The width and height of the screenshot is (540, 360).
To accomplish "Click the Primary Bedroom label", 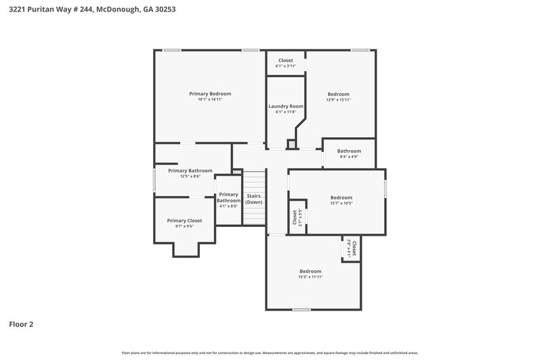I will (x=210, y=93).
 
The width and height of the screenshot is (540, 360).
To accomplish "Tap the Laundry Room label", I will (x=286, y=106).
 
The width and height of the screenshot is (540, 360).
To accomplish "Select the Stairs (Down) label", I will (x=254, y=199).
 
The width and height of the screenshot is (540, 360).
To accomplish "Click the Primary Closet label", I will (x=184, y=220).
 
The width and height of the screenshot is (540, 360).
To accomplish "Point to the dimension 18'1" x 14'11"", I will (x=210, y=99).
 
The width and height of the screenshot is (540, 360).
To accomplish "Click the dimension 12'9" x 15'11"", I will (x=339, y=99).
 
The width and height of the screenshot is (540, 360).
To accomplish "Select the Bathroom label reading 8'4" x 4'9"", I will (x=349, y=151).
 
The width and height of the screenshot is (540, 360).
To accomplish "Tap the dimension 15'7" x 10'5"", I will (x=341, y=203).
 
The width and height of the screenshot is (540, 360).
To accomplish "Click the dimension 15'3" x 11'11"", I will (x=310, y=277).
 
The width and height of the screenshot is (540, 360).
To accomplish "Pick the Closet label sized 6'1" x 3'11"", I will (x=286, y=60).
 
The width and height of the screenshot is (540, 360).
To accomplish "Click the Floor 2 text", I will (x=21, y=324).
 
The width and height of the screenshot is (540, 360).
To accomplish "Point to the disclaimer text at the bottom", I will (x=270, y=353).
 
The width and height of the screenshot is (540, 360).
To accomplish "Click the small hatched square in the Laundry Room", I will (x=291, y=144).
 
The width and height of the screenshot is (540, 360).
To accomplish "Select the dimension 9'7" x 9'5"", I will (x=184, y=226).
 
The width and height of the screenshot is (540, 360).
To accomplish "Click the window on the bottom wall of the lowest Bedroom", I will (x=301, y=309).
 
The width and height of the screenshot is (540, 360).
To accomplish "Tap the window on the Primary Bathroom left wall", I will (x=155, y=180).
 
